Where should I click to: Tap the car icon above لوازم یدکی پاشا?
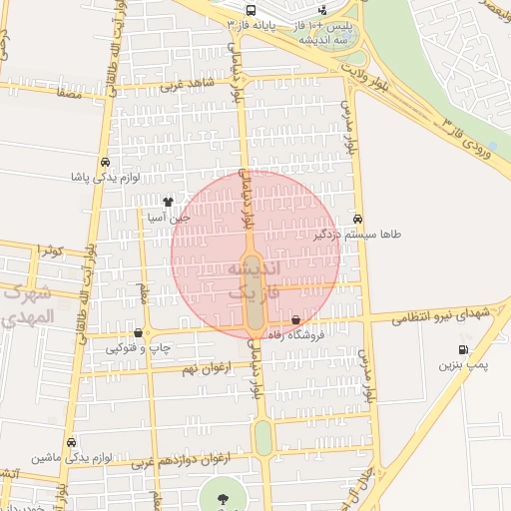pyautogui.click(x=105, y=163)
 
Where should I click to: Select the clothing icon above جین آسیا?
pyautogui.click(x=168, y=202)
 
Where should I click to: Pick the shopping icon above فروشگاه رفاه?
pyautogui.click(x=295, y=320)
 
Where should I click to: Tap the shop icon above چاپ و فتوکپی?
pyautogui.click(x=138, y=333)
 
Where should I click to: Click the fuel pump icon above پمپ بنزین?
pyautogui.click(x=462, y=349)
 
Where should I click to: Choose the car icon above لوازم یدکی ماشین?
pyautogui.click(x=71, y=441)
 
